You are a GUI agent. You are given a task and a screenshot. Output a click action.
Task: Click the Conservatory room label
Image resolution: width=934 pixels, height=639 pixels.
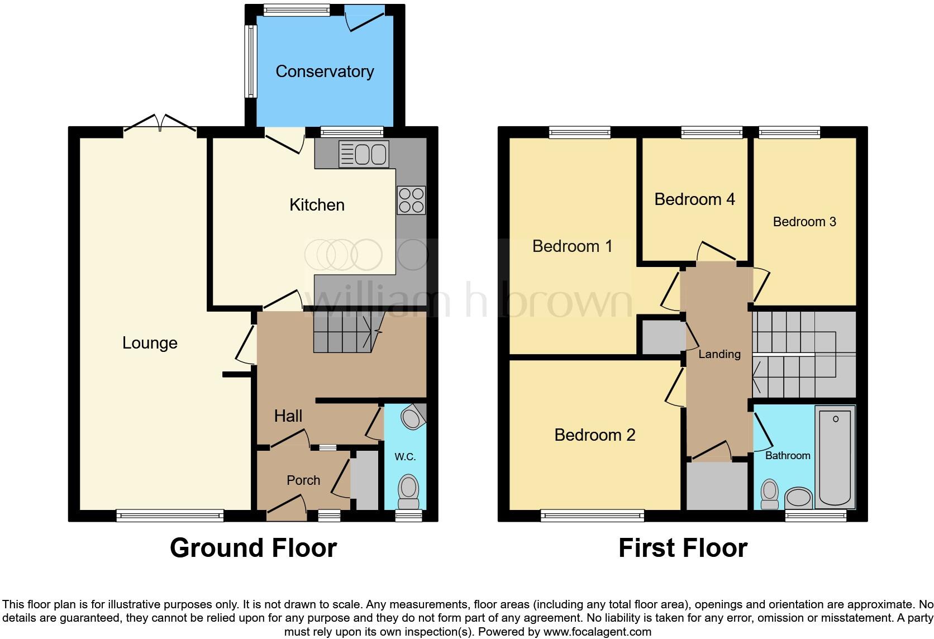coord(325,71)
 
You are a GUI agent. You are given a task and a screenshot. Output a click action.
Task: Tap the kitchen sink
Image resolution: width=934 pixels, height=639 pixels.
coord(364,154)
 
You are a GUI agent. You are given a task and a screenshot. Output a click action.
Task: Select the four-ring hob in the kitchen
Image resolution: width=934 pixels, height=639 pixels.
coord(411,200)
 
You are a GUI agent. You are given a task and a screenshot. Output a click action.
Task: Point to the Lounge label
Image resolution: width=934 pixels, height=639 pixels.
coord(150,343)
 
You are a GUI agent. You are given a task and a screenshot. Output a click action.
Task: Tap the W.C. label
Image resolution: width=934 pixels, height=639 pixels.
coord(405,457)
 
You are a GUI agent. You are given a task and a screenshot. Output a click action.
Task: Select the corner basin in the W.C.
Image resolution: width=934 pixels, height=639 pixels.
coord(413,417)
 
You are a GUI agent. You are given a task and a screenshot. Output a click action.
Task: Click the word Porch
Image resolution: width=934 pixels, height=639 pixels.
coord(303,480)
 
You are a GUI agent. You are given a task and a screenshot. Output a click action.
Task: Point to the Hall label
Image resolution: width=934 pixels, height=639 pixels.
coord(288,416)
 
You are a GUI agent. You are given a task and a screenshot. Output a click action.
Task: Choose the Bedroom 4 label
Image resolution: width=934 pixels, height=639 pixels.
coord(694,199)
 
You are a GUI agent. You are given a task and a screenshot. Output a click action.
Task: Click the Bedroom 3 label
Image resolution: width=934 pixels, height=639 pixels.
coord(804,222)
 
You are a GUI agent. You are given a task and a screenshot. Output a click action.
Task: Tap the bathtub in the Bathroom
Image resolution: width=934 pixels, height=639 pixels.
coord(835,456)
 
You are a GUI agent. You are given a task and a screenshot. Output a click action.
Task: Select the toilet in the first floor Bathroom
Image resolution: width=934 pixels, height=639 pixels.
coord(770,494)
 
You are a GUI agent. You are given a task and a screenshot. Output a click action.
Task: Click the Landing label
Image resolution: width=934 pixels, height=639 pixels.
coord(719,354)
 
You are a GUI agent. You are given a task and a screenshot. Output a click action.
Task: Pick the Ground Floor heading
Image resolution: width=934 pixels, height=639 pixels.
coord(253,548)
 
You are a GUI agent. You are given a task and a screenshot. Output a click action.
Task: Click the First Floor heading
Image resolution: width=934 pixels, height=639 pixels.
coord(683,548)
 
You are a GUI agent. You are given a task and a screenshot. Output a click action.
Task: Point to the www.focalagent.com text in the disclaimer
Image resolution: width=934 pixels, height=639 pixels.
coord(597,632)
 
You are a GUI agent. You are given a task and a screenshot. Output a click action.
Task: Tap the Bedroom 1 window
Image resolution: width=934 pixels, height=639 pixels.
coord(579,132)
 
